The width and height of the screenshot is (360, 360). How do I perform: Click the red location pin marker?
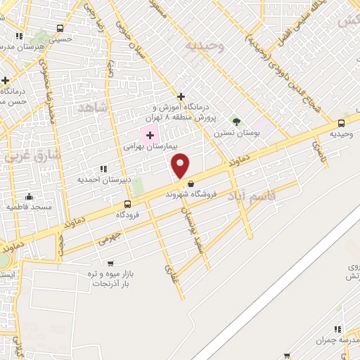[181, 165]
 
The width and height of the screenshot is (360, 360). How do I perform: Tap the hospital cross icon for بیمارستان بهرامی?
[150, 134]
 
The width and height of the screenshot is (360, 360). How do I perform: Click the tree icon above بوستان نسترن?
[236, 121]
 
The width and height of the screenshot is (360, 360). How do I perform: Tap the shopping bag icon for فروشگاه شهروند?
[190, 184]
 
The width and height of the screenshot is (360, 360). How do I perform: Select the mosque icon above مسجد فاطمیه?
[29, 196]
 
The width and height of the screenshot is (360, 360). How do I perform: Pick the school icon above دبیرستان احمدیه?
[103, 169]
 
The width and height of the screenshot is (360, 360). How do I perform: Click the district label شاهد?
[94, 107]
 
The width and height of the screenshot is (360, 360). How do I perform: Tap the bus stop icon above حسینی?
[60, 29]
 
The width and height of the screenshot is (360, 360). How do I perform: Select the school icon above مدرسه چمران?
[338, 328]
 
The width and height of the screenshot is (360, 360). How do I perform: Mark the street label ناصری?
[319, 149]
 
